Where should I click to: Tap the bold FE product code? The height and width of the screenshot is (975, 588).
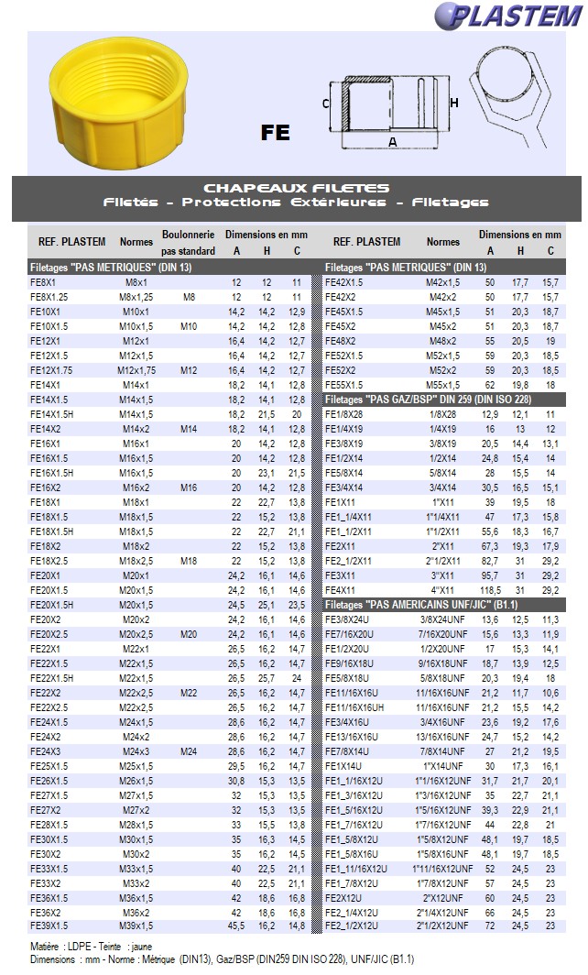[x=275, y=132]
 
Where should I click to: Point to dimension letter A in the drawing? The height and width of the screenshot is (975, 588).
[x=393, y=142]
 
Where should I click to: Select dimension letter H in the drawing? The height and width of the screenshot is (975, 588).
[x=454, y=104]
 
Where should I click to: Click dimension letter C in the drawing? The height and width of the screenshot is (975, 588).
[x=325, y=104]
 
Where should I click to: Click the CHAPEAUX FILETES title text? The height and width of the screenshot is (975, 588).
[x=296, y=188]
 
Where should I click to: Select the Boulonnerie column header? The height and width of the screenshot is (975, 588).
[x=188, y=235]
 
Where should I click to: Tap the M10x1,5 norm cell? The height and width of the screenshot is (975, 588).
[x=136, y=326]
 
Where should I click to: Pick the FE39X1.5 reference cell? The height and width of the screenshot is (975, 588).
[x=49, y=927]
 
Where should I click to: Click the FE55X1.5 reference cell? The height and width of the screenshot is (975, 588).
[x=344, y=386]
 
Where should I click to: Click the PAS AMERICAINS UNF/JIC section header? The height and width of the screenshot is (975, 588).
[x=428, y=606]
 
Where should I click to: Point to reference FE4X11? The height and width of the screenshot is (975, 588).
[x=341, y=591]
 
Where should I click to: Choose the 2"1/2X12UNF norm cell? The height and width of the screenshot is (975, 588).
[x=443, y=926]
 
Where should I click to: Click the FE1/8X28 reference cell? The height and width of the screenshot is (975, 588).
[x=344, y=415]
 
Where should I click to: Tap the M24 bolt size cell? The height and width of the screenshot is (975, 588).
[x=189, y=751]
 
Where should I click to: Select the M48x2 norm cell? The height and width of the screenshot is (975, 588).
[x=443, y=341]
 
